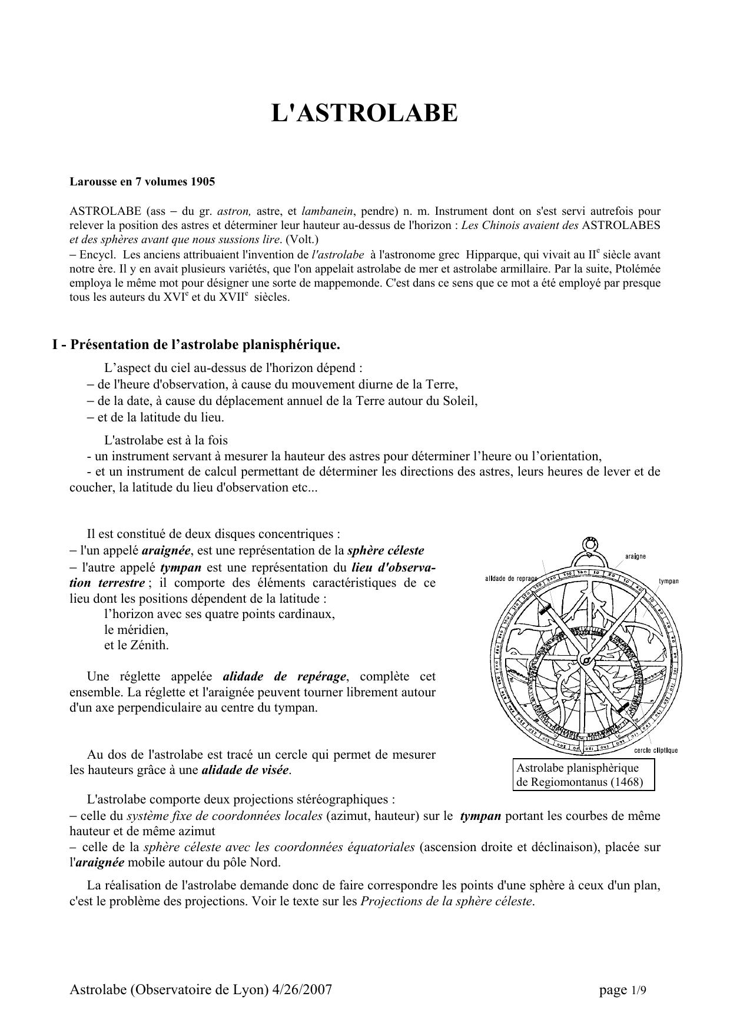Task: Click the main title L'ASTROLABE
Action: [364, 112]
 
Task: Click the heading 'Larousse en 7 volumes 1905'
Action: [142, 181]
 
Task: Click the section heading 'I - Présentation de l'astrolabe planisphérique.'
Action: [196, 344]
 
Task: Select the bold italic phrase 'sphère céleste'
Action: [386, 551]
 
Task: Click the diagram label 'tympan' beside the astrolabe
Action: [668, 581]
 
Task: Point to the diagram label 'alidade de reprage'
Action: [510, 578]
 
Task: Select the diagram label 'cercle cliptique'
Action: [656, 750]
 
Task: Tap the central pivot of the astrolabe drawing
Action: [585, 659]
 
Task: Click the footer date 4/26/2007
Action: [302, 990]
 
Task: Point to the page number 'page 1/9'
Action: [622, 991]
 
